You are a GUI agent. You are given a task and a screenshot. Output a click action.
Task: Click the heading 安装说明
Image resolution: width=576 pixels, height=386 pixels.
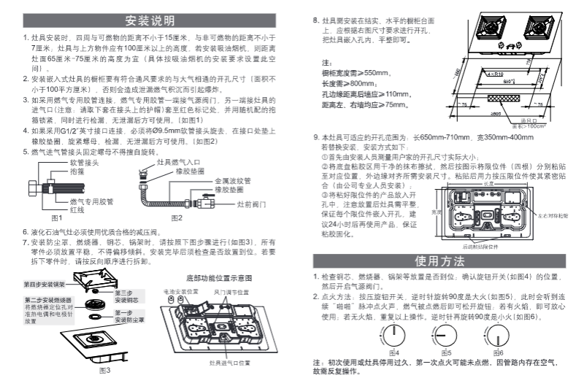pyautogui.click(x=143, y=18)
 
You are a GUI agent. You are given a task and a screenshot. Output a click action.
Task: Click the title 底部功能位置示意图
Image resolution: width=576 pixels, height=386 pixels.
pyautogui.click(x=218, y=278)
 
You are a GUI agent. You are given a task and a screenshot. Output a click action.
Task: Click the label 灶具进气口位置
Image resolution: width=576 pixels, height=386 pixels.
pyautogui.click(x=230, y=363)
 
